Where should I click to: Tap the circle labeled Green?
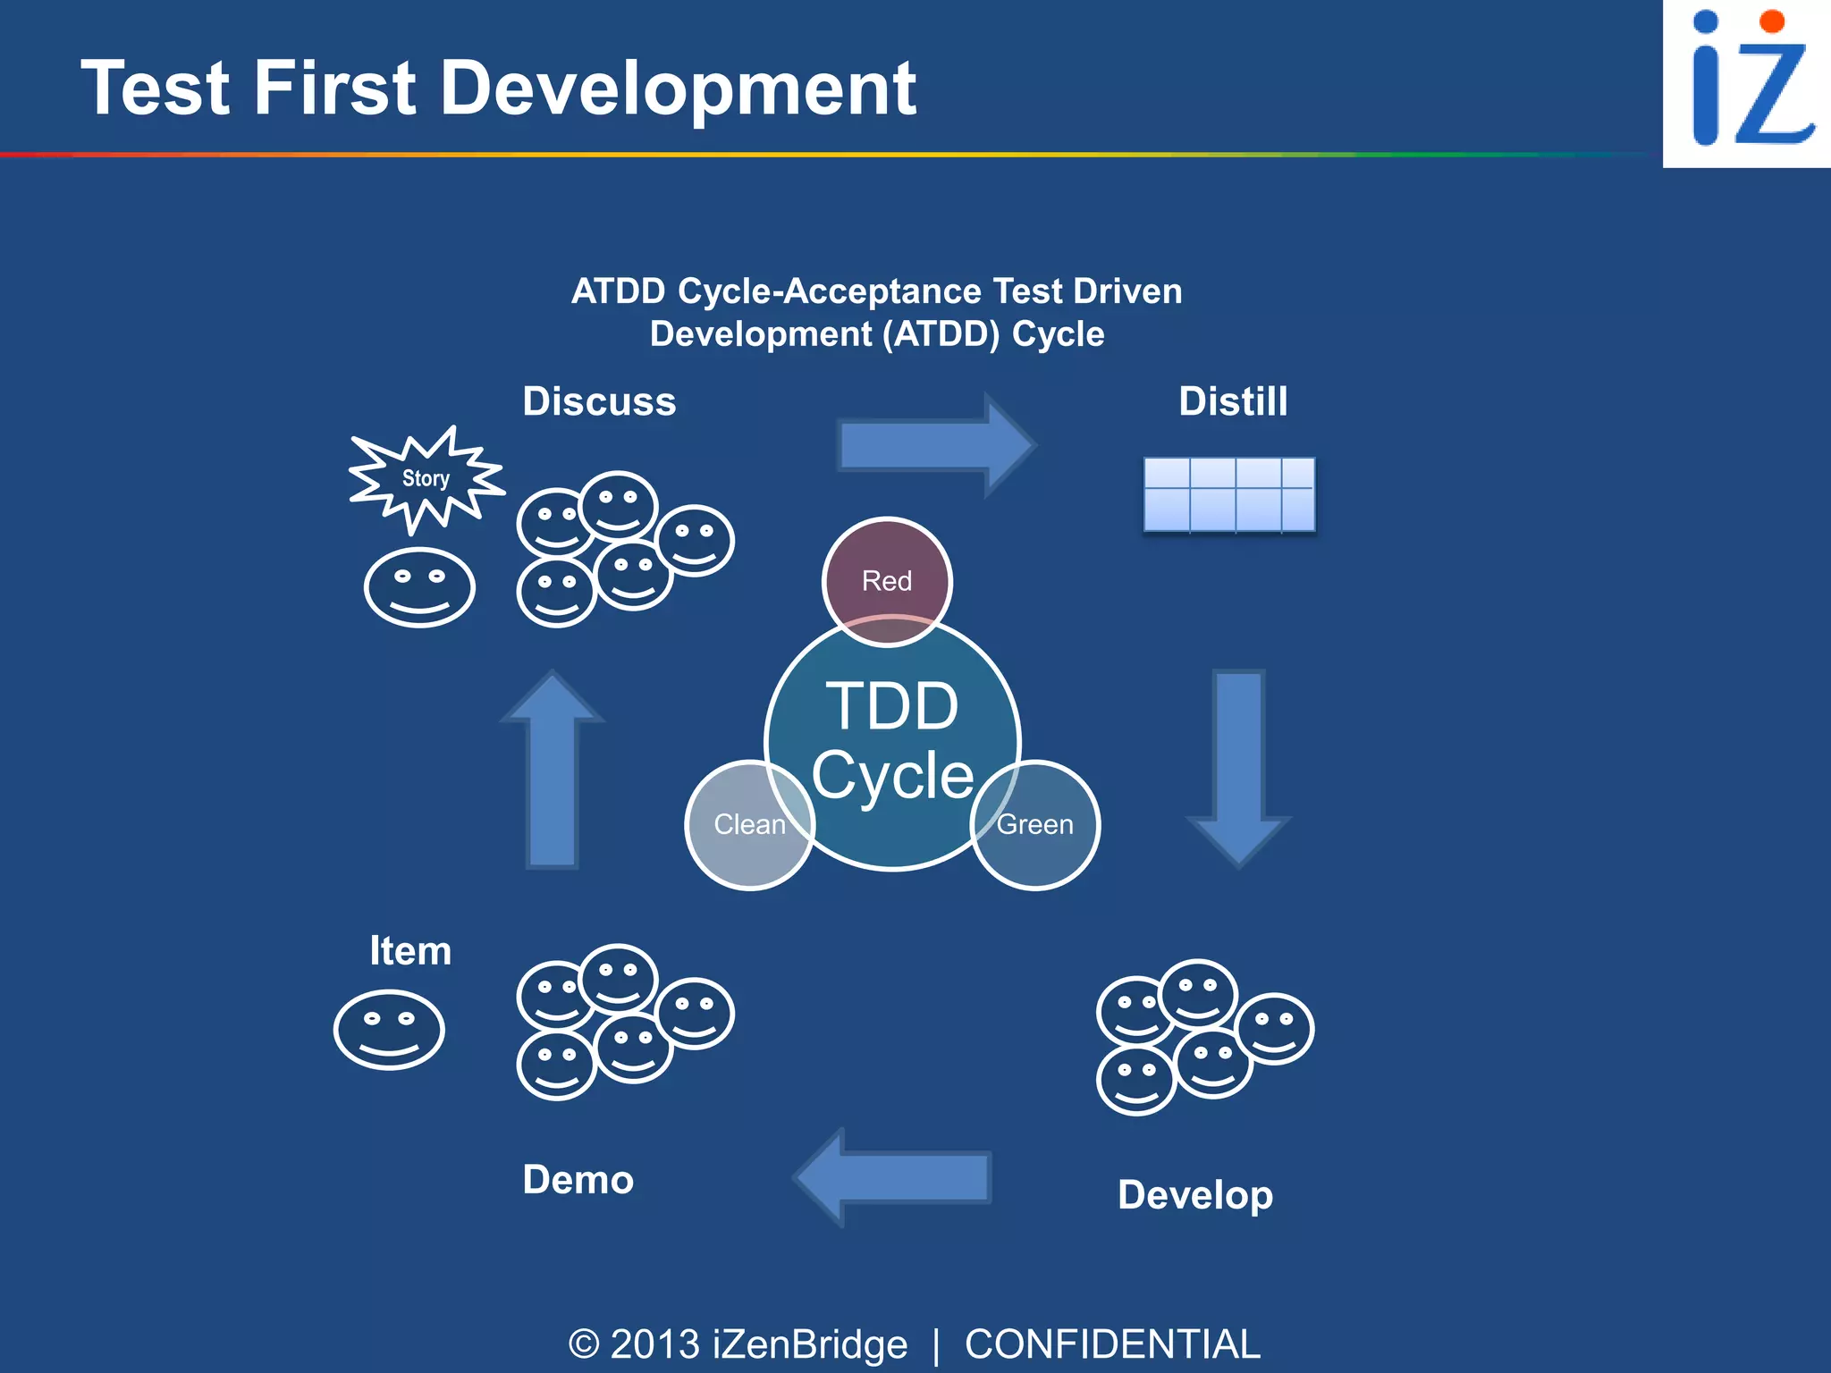coord(1035,824)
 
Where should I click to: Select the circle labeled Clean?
coord(749,824)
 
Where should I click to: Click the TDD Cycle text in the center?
coord(892,739)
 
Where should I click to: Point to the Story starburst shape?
coord(426,479)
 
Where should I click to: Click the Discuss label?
coord(599,401)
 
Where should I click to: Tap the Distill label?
coord(1233,401)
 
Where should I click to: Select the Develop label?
coord(1195,1195)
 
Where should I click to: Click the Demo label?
coord(578,1180)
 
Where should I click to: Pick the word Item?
coord(410,950)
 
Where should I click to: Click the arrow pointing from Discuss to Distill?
coord(935,444)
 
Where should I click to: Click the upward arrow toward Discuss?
coord(553,769)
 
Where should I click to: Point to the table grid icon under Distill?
coord(1229,494)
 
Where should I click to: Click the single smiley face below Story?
coord(419,587)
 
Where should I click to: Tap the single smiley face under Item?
coord(389,1029)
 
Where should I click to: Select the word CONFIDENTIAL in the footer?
coord(1112,1344)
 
